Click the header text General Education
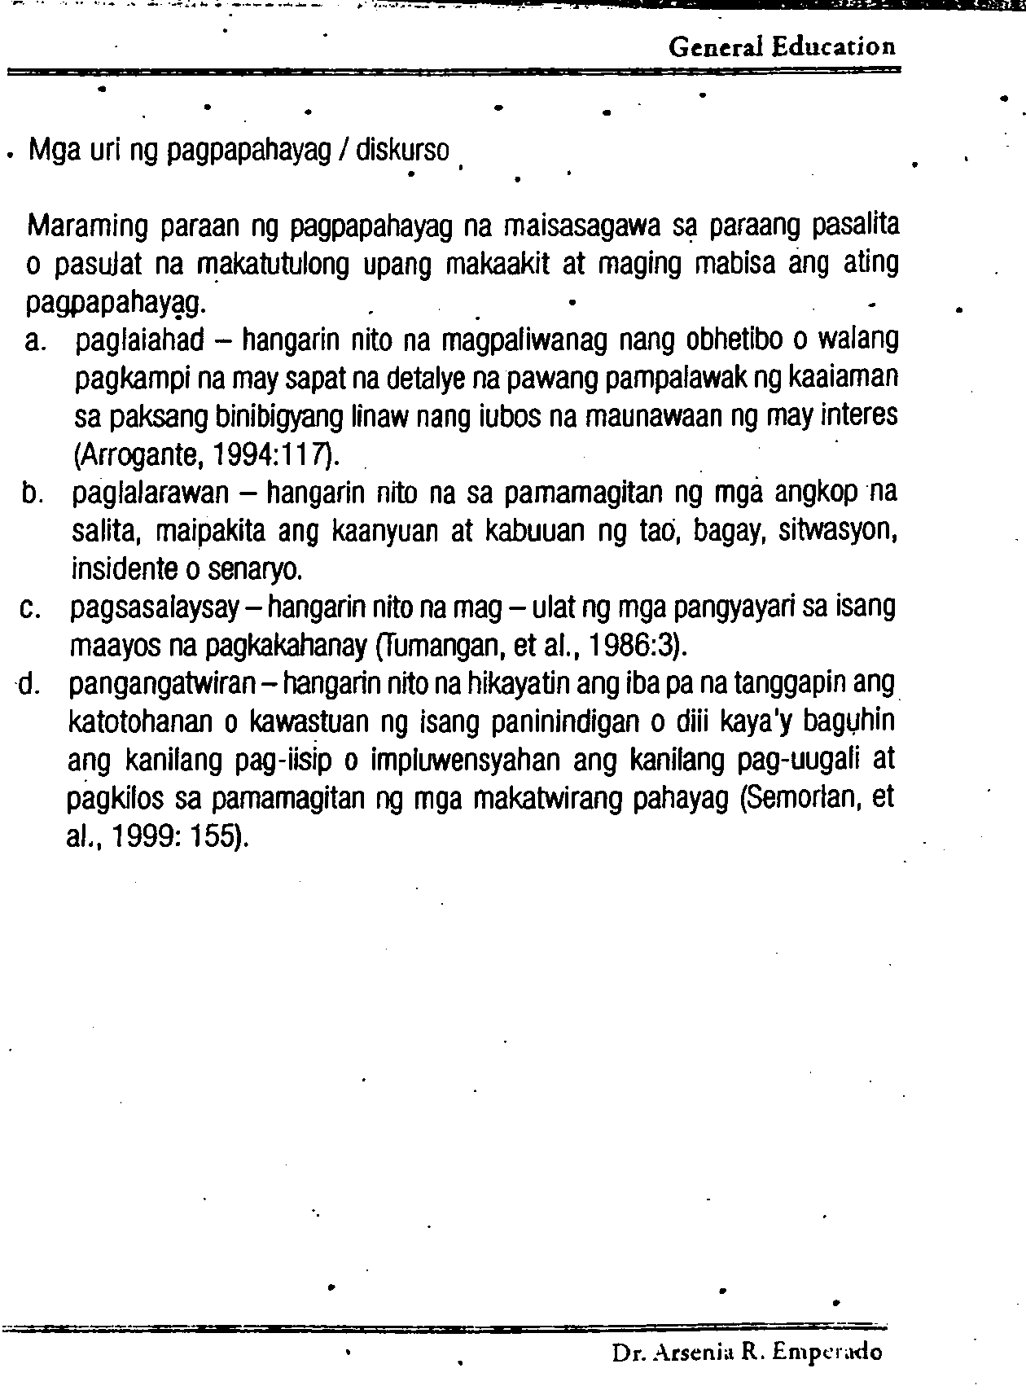pyautogui.click(x=782, y=47)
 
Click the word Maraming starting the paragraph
pyautogui.click(x=87, y=226)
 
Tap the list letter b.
pyautogui.click(x=33, y=494)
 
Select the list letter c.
pyautogui.click(x=33, y=609)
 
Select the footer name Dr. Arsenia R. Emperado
pyautogui.click(x=747, y=1353)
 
